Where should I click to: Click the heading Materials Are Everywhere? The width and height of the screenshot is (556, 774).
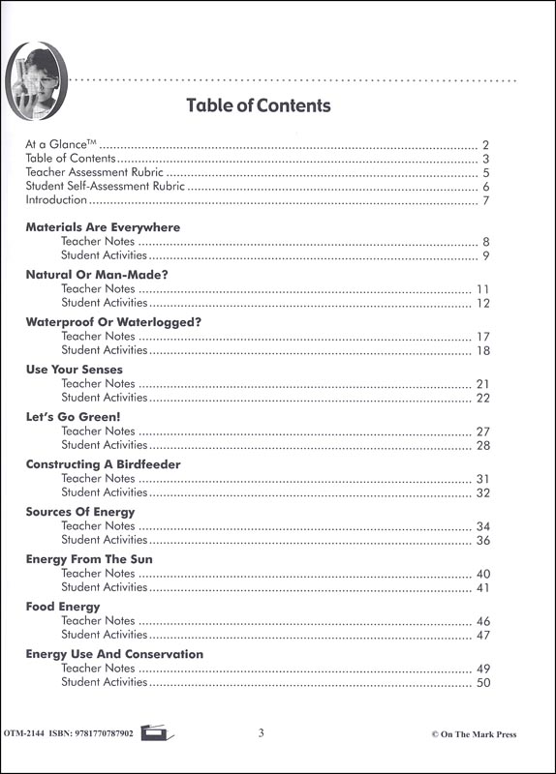point(103,227)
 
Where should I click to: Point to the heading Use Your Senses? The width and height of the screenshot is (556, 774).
point(74,370)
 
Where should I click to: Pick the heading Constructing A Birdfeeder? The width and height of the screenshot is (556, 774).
point(103,464)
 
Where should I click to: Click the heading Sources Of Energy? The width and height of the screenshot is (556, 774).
point(80,512)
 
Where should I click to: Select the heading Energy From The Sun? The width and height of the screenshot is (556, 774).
point(89,559)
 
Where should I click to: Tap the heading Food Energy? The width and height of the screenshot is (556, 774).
point(63,607)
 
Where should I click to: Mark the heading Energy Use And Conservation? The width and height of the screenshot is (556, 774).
point(114,654)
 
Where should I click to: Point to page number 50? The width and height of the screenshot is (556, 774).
point(483,683)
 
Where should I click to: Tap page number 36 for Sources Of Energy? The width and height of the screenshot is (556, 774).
point(483,541)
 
